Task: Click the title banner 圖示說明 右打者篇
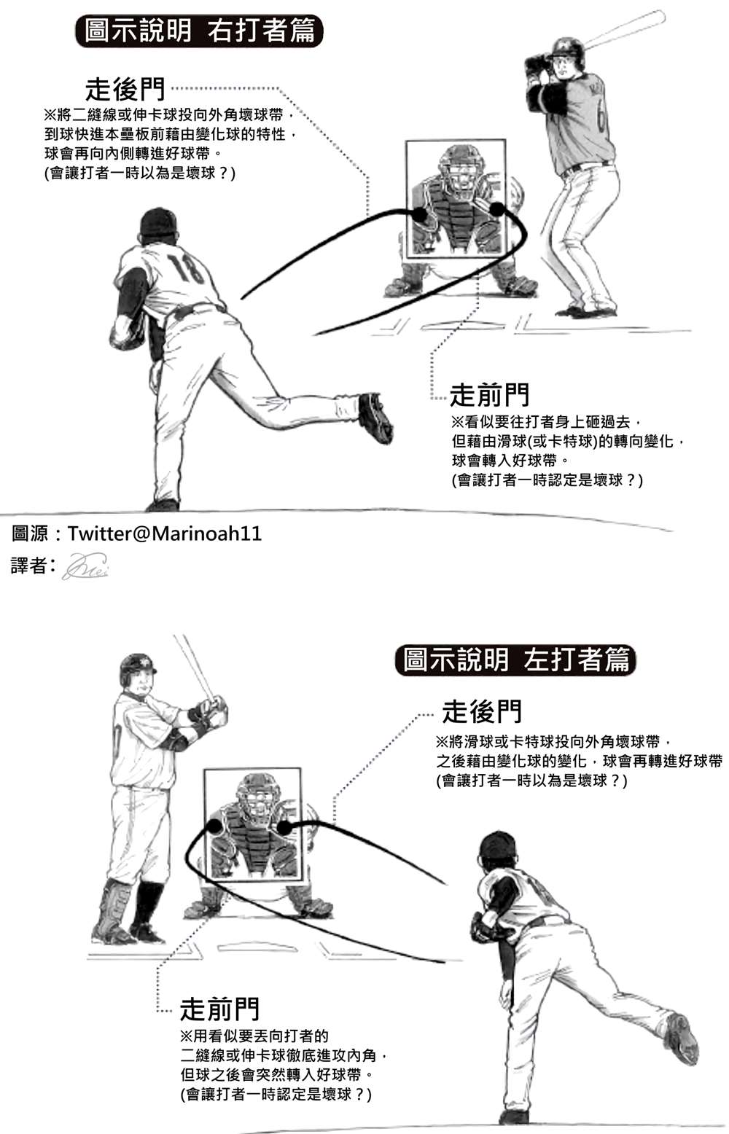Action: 199,31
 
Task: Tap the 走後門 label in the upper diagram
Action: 125,90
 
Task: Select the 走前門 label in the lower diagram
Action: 219,1009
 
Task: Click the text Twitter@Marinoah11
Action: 165,533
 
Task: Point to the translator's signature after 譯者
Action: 85,566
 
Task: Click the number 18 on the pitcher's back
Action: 185,267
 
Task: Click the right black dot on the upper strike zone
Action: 497,210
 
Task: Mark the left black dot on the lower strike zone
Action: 214,826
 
